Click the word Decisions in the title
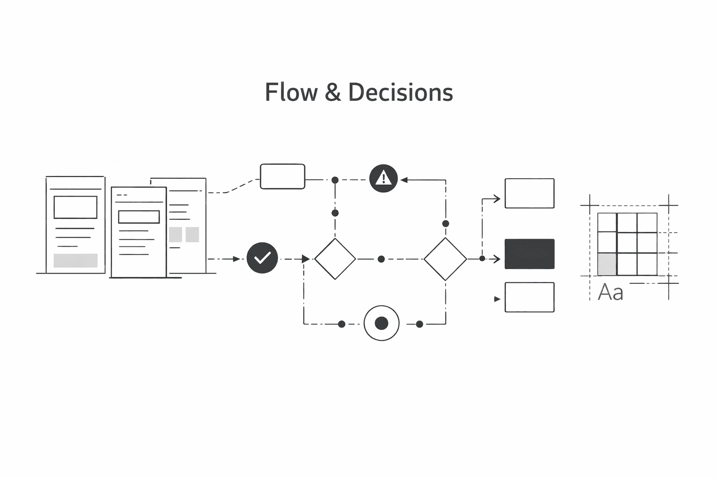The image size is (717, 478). point(401,92)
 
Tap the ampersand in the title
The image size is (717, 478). point(332,92)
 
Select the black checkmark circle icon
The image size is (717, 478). point(262,258)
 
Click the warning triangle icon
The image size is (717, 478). point(383,178)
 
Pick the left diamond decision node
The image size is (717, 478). point(335,259)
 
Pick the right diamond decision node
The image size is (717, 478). point(445,259)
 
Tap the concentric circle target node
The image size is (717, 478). point(381,323)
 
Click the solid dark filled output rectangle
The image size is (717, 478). point(529,254)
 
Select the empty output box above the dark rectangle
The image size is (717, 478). point(529,193)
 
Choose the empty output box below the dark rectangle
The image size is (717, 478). point(529,297)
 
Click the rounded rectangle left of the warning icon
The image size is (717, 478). point(282,176)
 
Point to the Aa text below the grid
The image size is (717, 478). point(611,293)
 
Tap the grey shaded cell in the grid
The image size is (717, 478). point(607,264)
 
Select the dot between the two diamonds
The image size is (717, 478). point(381,259)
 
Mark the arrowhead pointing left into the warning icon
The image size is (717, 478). point(404,180)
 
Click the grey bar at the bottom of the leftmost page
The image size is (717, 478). point(76,260)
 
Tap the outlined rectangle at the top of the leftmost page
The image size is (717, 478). point(76,207)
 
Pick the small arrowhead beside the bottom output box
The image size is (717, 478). point(498,299)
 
